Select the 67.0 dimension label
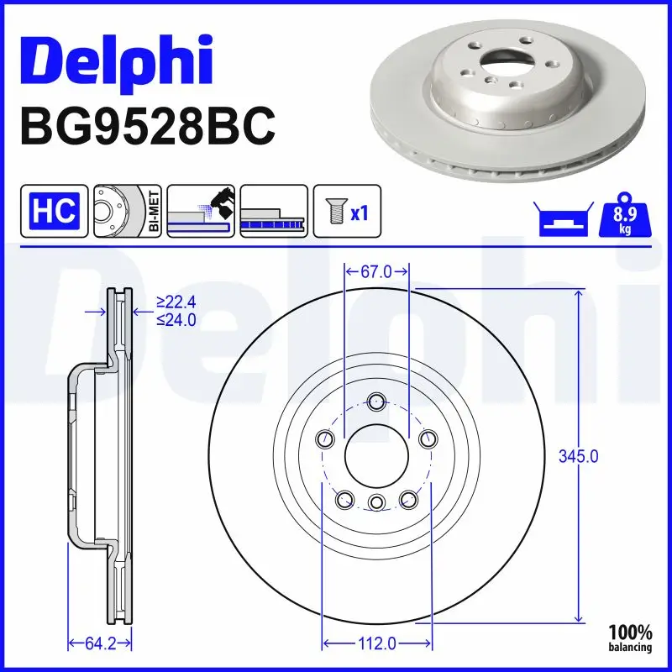point(376,271)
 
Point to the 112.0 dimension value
point(376,643)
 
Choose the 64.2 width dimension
point(99,643)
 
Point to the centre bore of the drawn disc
point(376,455)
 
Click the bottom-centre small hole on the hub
point(376,502)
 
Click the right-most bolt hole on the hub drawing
point(428,438)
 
